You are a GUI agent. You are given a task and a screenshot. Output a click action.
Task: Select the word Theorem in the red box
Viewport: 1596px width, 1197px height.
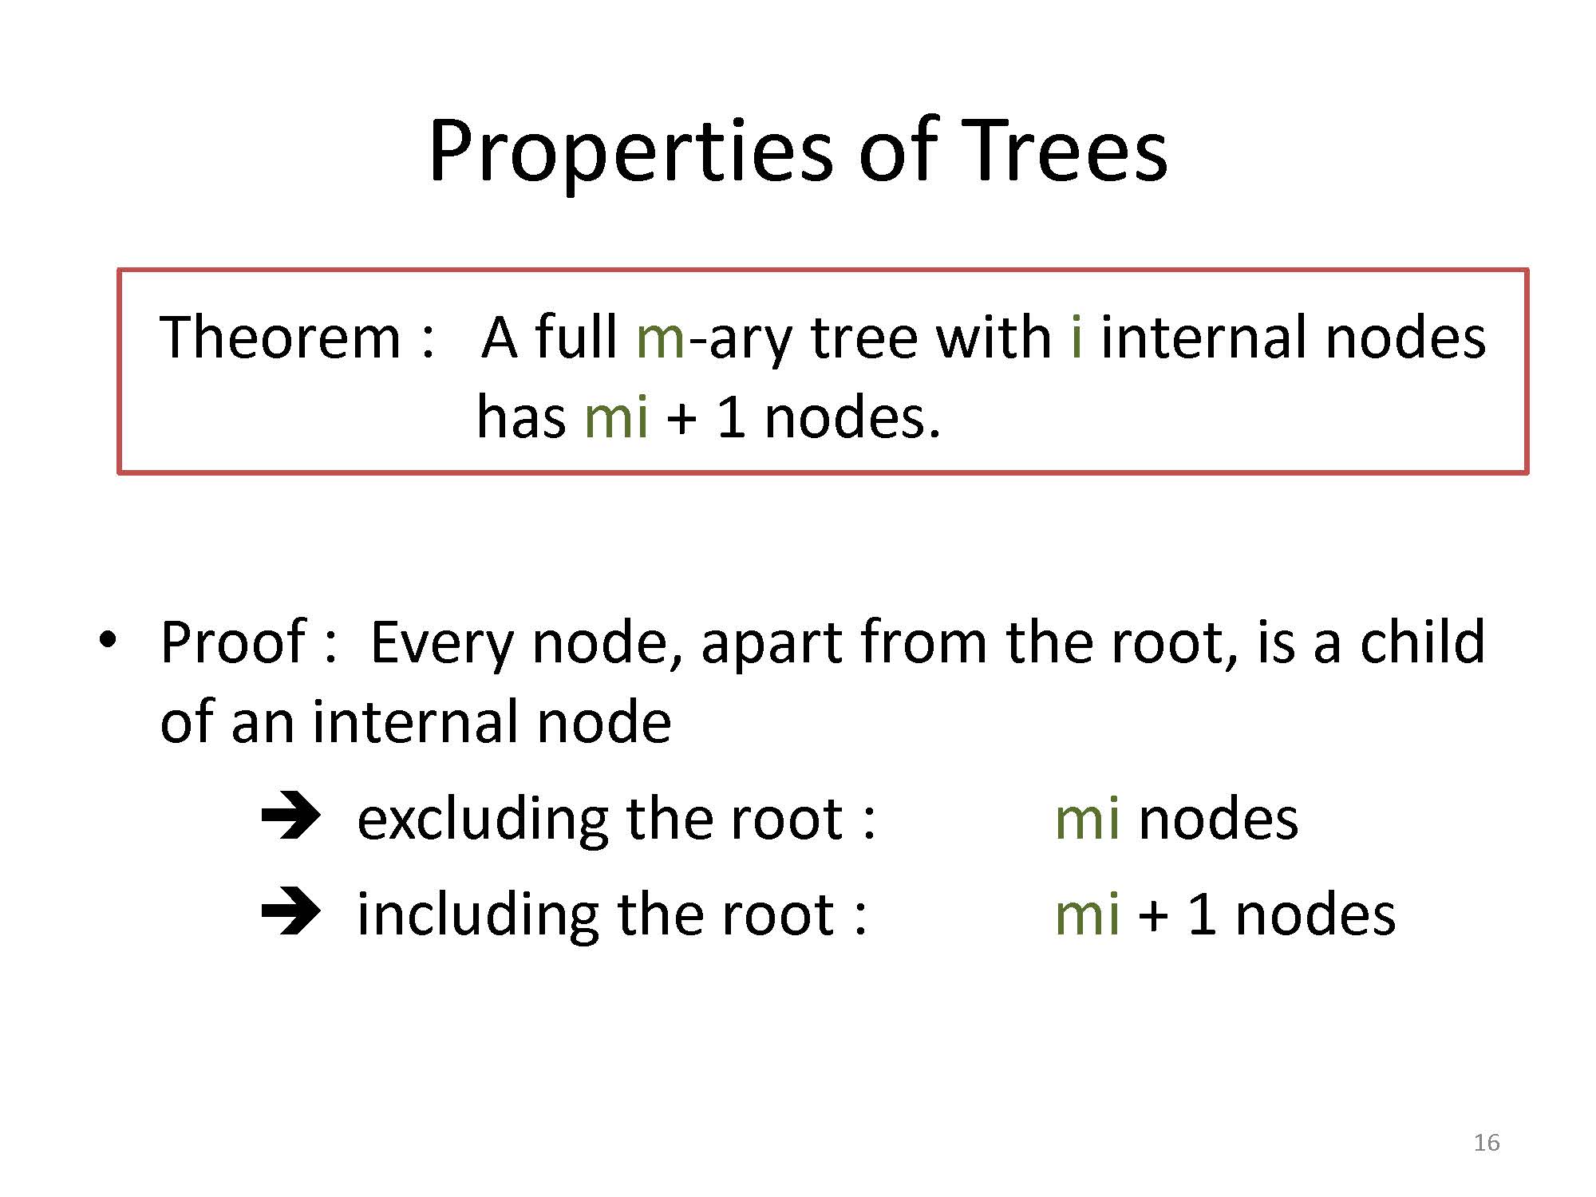pos(280,338)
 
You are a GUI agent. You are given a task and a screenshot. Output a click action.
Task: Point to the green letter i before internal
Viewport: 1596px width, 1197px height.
pos(1077,338)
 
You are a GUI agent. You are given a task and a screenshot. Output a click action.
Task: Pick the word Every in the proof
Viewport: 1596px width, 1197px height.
pos(441,645)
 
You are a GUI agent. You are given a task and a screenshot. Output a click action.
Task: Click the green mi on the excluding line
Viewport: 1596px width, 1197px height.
pos(1087,820)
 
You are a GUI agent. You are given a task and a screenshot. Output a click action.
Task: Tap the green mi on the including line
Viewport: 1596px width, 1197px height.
pos(1087,915)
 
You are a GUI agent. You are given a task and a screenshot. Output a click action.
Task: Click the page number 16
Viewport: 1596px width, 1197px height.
pos(1487,1143)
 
